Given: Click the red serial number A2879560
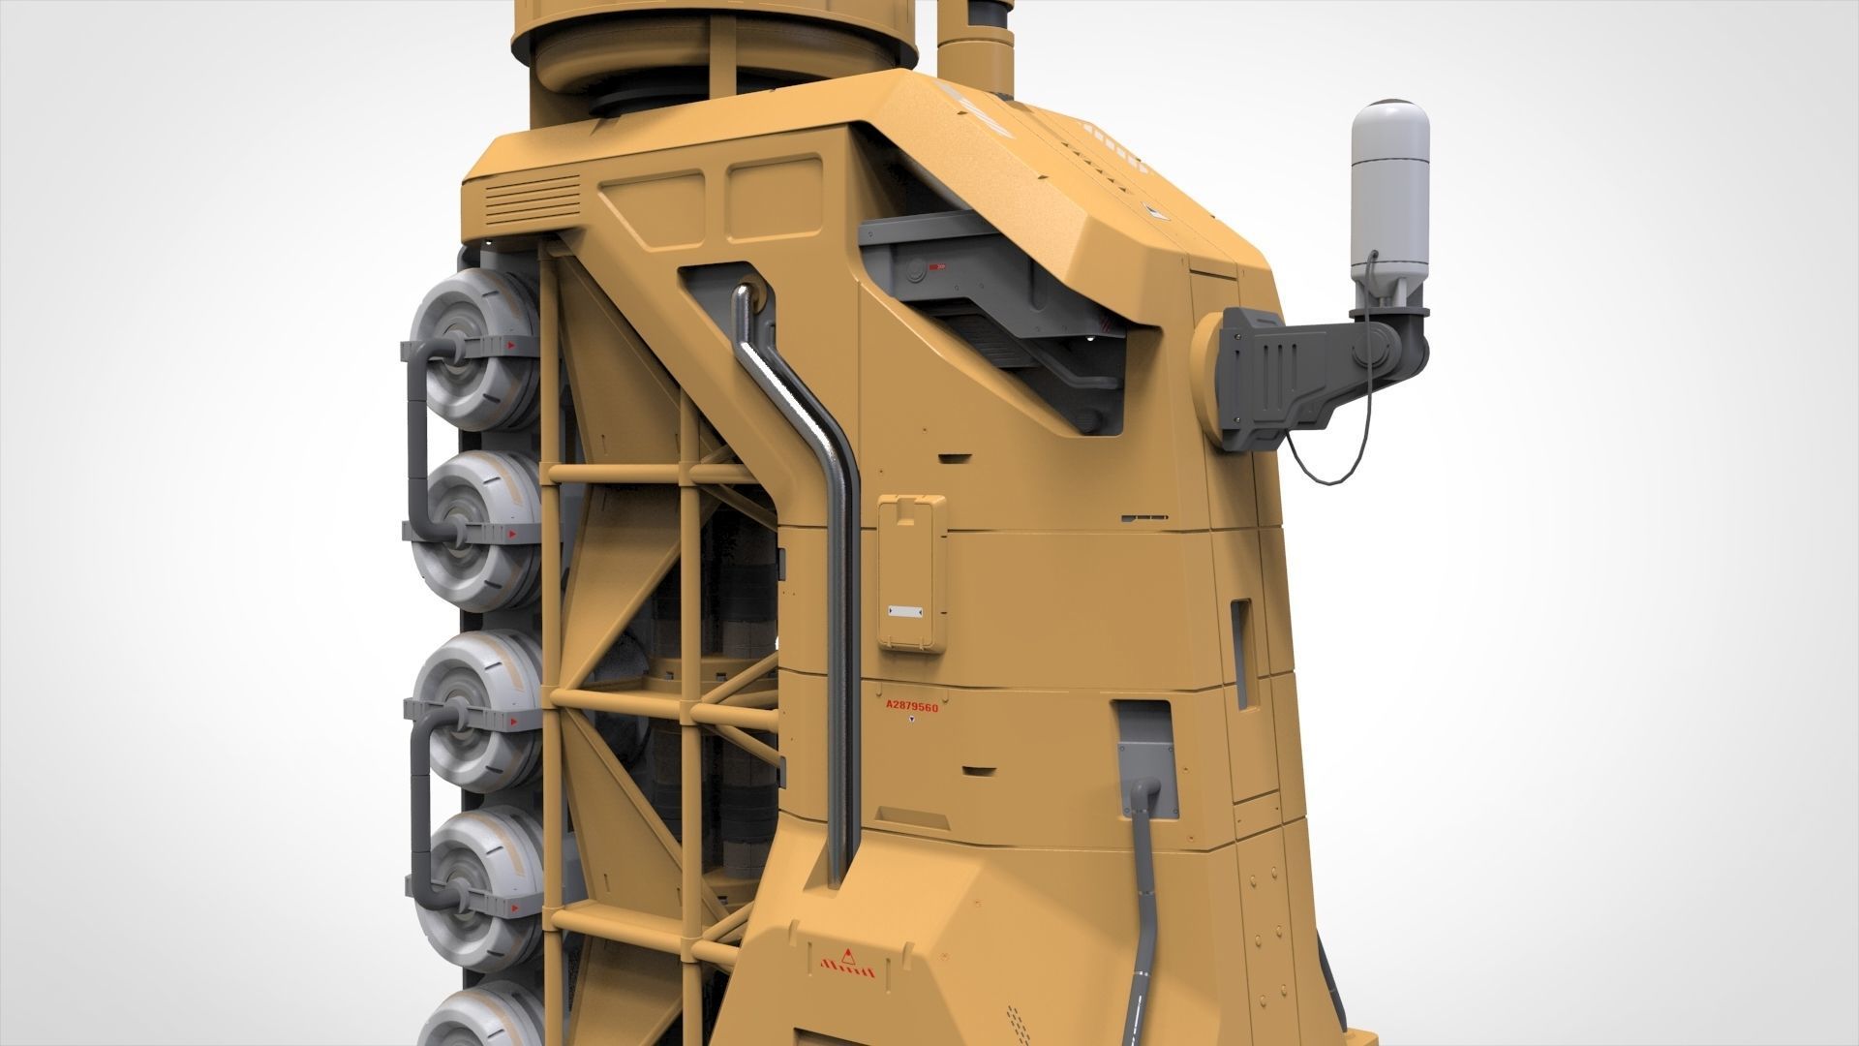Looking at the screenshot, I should tap(911, 707).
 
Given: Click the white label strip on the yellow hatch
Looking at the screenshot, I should tap(907, 612).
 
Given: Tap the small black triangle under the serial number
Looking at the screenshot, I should tap(911, 722).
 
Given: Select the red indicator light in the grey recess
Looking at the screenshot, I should tap(936, 267).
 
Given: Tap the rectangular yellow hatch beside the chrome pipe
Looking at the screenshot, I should tap(911, 571).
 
